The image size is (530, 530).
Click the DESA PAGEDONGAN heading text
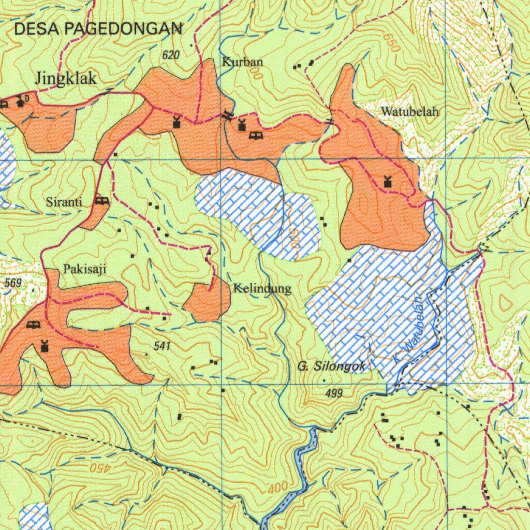(98, 29)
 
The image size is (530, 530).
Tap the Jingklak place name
(66, 79)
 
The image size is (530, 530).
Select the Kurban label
(243, 62)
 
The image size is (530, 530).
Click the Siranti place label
(64, 202)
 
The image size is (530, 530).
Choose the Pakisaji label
(85, 269)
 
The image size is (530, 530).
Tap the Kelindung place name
(262, 288)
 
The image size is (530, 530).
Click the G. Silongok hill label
(331, 366)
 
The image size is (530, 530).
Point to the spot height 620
(170, 55)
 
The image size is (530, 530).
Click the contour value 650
(392, 42)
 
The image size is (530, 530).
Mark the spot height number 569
(13, 283)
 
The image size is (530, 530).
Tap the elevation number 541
(162, 345)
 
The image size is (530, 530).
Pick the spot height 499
(334, 394)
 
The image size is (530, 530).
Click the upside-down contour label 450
(100, 468)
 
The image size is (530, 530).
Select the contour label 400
(277, 488)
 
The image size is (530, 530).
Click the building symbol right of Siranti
(102, 201)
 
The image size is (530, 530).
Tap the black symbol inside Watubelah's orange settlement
(387, 182)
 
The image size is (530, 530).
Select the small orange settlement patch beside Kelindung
(207, 303)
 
